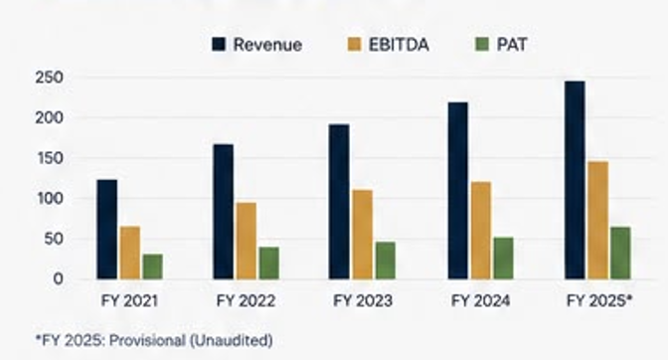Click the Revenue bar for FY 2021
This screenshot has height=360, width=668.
click(x=107, y=229)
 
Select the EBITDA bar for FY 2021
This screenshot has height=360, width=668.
click(x=130, y=253)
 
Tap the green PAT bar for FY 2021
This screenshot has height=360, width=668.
click(x=152, y=267)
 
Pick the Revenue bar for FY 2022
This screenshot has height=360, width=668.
click(x=224, y=212)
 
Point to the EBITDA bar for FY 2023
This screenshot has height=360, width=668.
click(x=363, y=235)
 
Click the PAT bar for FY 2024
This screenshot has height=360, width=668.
click(x=504, y=259)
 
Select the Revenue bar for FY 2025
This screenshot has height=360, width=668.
click(x=575, y=180)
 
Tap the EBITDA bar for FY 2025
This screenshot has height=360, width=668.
click(x=597, y=220)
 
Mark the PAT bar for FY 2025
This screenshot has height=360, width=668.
click(x=620, y=253)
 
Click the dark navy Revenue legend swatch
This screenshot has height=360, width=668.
click(x=219, y=45)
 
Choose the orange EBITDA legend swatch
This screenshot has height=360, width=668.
click(x=354, y=45)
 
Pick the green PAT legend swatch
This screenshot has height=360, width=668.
click(x=482, y=45)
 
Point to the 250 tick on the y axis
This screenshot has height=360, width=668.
click(x=49, y=78)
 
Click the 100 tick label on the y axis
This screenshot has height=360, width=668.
click(x=50, y=199)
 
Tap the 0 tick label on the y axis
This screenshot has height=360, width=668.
click(x=58, y=279)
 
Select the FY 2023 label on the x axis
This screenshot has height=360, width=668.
click(x=363, y=300)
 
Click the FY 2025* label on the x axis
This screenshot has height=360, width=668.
click(x=599, y=300)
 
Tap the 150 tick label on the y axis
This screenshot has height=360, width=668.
click(x=50, y=158)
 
